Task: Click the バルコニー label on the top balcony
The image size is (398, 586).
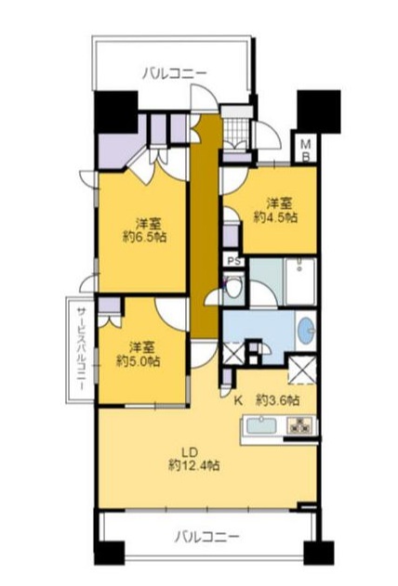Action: coord(175,72)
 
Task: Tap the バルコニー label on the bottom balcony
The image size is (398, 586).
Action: coord(207,536)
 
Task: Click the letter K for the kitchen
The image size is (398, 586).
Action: coord(237,400)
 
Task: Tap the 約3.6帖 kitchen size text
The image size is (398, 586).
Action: coord(278,400)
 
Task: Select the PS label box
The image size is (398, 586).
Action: coord(233,262)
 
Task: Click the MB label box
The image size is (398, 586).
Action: coord(306,150)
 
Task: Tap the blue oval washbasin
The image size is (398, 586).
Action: coord(305,331)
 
